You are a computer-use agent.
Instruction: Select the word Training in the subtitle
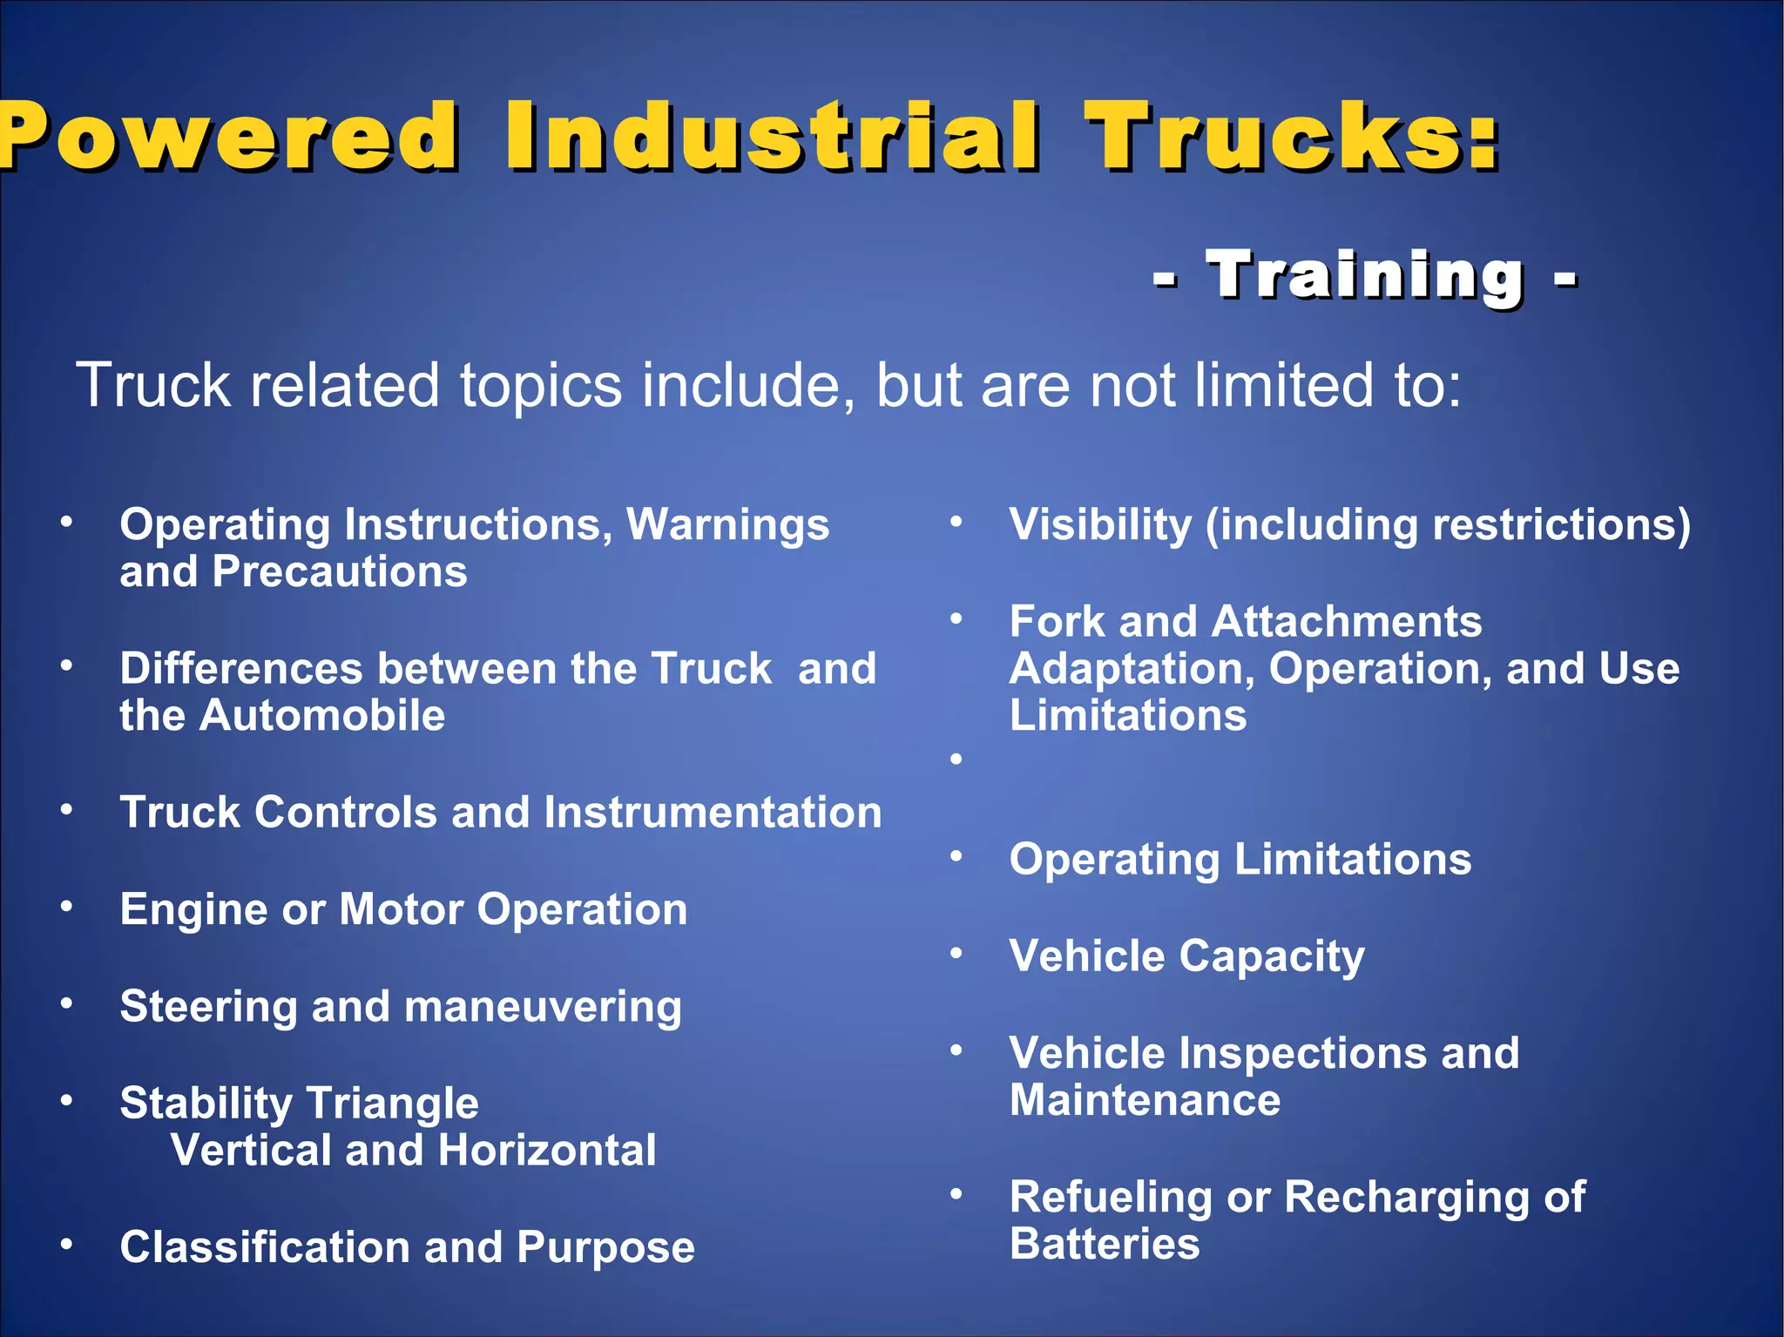pos(1365,276)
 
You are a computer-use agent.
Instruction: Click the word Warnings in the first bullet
pos(727,525)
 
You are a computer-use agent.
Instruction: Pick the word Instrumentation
pos(713,813)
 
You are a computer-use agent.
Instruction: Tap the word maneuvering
pos(543,1008)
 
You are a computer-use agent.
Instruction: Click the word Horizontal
pos(547,1151)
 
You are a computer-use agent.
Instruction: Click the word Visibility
pos(1100,525)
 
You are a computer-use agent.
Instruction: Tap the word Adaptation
pos(1132,669)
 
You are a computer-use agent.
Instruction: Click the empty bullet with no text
pos(956,760)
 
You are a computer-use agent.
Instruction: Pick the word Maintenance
pos(1145,1100)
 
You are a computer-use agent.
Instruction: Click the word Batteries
pos(1105,1244)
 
